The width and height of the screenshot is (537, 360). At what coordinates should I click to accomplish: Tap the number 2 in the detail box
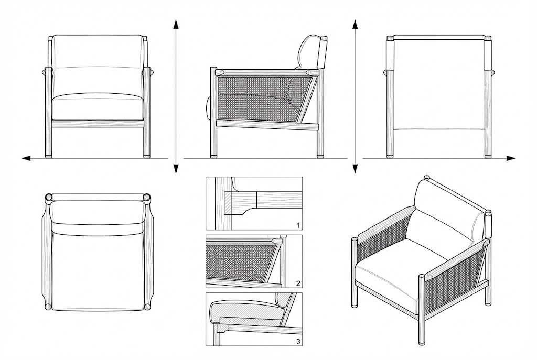(297, 283)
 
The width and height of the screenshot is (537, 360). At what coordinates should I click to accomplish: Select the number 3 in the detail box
(297, 341)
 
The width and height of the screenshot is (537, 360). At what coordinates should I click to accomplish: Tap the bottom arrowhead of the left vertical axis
(176, 168)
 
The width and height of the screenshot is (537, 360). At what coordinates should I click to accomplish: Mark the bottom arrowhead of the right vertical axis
(355, 168)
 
